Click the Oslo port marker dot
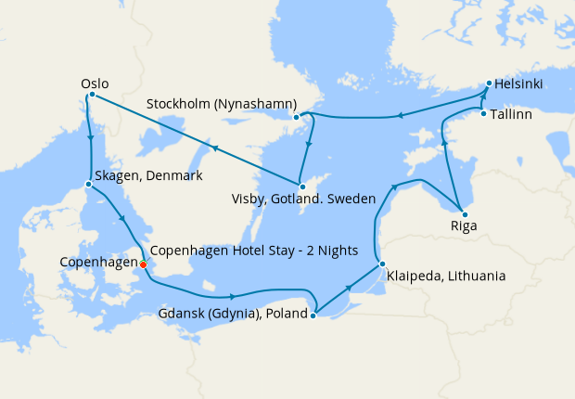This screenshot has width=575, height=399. (92, 96)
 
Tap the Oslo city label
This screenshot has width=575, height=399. (93, 83)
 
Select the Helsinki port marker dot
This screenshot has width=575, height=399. (489, 84)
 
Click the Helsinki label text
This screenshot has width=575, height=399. (520, 84)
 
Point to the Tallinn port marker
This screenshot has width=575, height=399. (483, 113)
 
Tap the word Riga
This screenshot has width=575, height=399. (463, 225)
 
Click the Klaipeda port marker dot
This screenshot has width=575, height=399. (381, 264)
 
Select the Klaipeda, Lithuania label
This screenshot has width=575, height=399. (447, 276)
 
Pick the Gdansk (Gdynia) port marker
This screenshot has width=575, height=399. (313, 315)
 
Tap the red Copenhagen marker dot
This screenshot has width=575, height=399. (143, 264)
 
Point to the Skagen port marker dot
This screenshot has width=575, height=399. (88, 184)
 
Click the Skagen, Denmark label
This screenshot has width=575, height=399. (149, 176)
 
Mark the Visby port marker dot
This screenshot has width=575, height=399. (301, 187)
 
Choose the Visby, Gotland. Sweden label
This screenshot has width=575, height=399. (304, 199)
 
